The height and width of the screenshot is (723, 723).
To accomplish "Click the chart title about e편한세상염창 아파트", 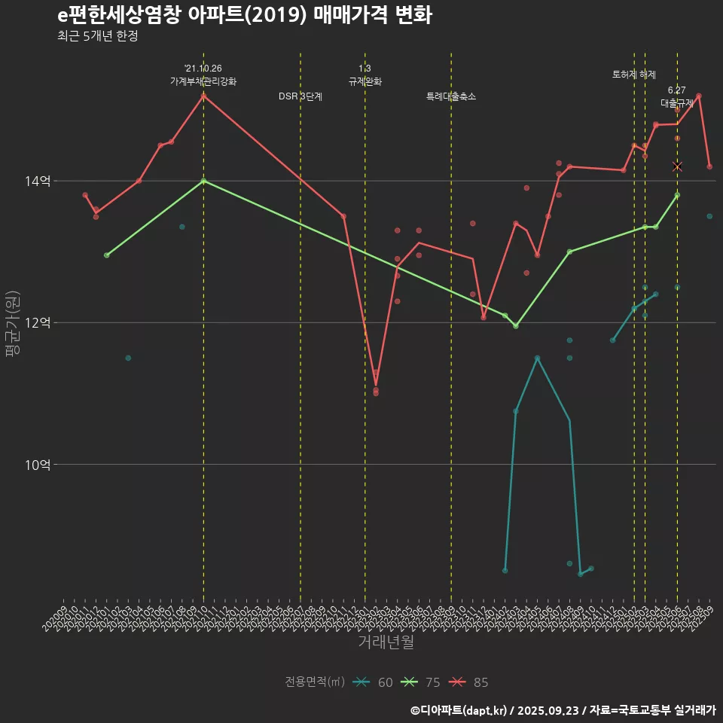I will (244, 15).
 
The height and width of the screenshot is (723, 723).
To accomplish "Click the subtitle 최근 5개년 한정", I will (97, 36).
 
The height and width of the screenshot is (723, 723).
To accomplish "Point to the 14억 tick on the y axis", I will (38, 181).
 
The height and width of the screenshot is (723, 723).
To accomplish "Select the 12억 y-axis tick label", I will (38, 322).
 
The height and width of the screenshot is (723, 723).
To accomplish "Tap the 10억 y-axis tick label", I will (38, 464).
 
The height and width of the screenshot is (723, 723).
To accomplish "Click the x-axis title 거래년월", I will (386, 642).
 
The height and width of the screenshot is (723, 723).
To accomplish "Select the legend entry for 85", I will (470, 682).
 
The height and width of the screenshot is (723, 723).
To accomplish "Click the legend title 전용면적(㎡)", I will (315, 682).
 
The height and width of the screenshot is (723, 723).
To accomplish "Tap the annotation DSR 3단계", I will (300, 96).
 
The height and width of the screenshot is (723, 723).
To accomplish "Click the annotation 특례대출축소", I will (451, 96).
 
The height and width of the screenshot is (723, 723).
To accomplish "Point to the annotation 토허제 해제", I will (634, 75).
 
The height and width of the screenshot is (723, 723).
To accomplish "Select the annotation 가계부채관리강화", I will (203, 81).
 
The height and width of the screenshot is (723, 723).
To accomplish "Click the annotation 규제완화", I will (365, 81).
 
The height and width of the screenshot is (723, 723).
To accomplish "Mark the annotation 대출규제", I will (677, 102).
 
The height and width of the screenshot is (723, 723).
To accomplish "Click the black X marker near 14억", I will (677, 166).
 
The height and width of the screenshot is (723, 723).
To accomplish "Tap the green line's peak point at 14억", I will (203, 181).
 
